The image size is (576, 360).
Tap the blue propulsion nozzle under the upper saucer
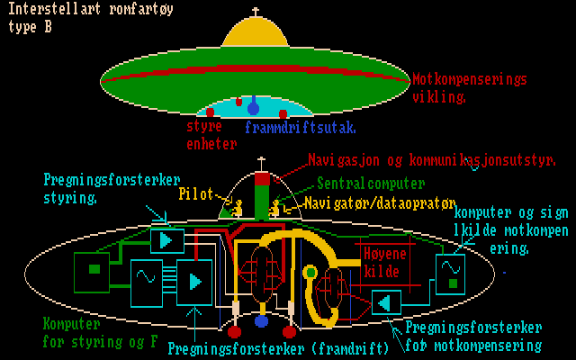254,108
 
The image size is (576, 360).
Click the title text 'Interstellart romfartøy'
91,10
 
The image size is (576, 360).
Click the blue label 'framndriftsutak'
301,127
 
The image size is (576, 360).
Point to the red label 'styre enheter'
211,135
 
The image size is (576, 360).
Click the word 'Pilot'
196,193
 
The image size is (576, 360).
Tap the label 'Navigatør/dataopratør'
380,203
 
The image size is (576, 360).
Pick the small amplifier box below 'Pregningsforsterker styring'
166,240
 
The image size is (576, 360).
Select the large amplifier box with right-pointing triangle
194,282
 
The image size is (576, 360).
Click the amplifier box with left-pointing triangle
388,302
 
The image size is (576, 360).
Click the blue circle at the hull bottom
262,320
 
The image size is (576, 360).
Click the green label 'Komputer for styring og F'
99,331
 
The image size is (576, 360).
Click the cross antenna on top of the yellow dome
256,13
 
